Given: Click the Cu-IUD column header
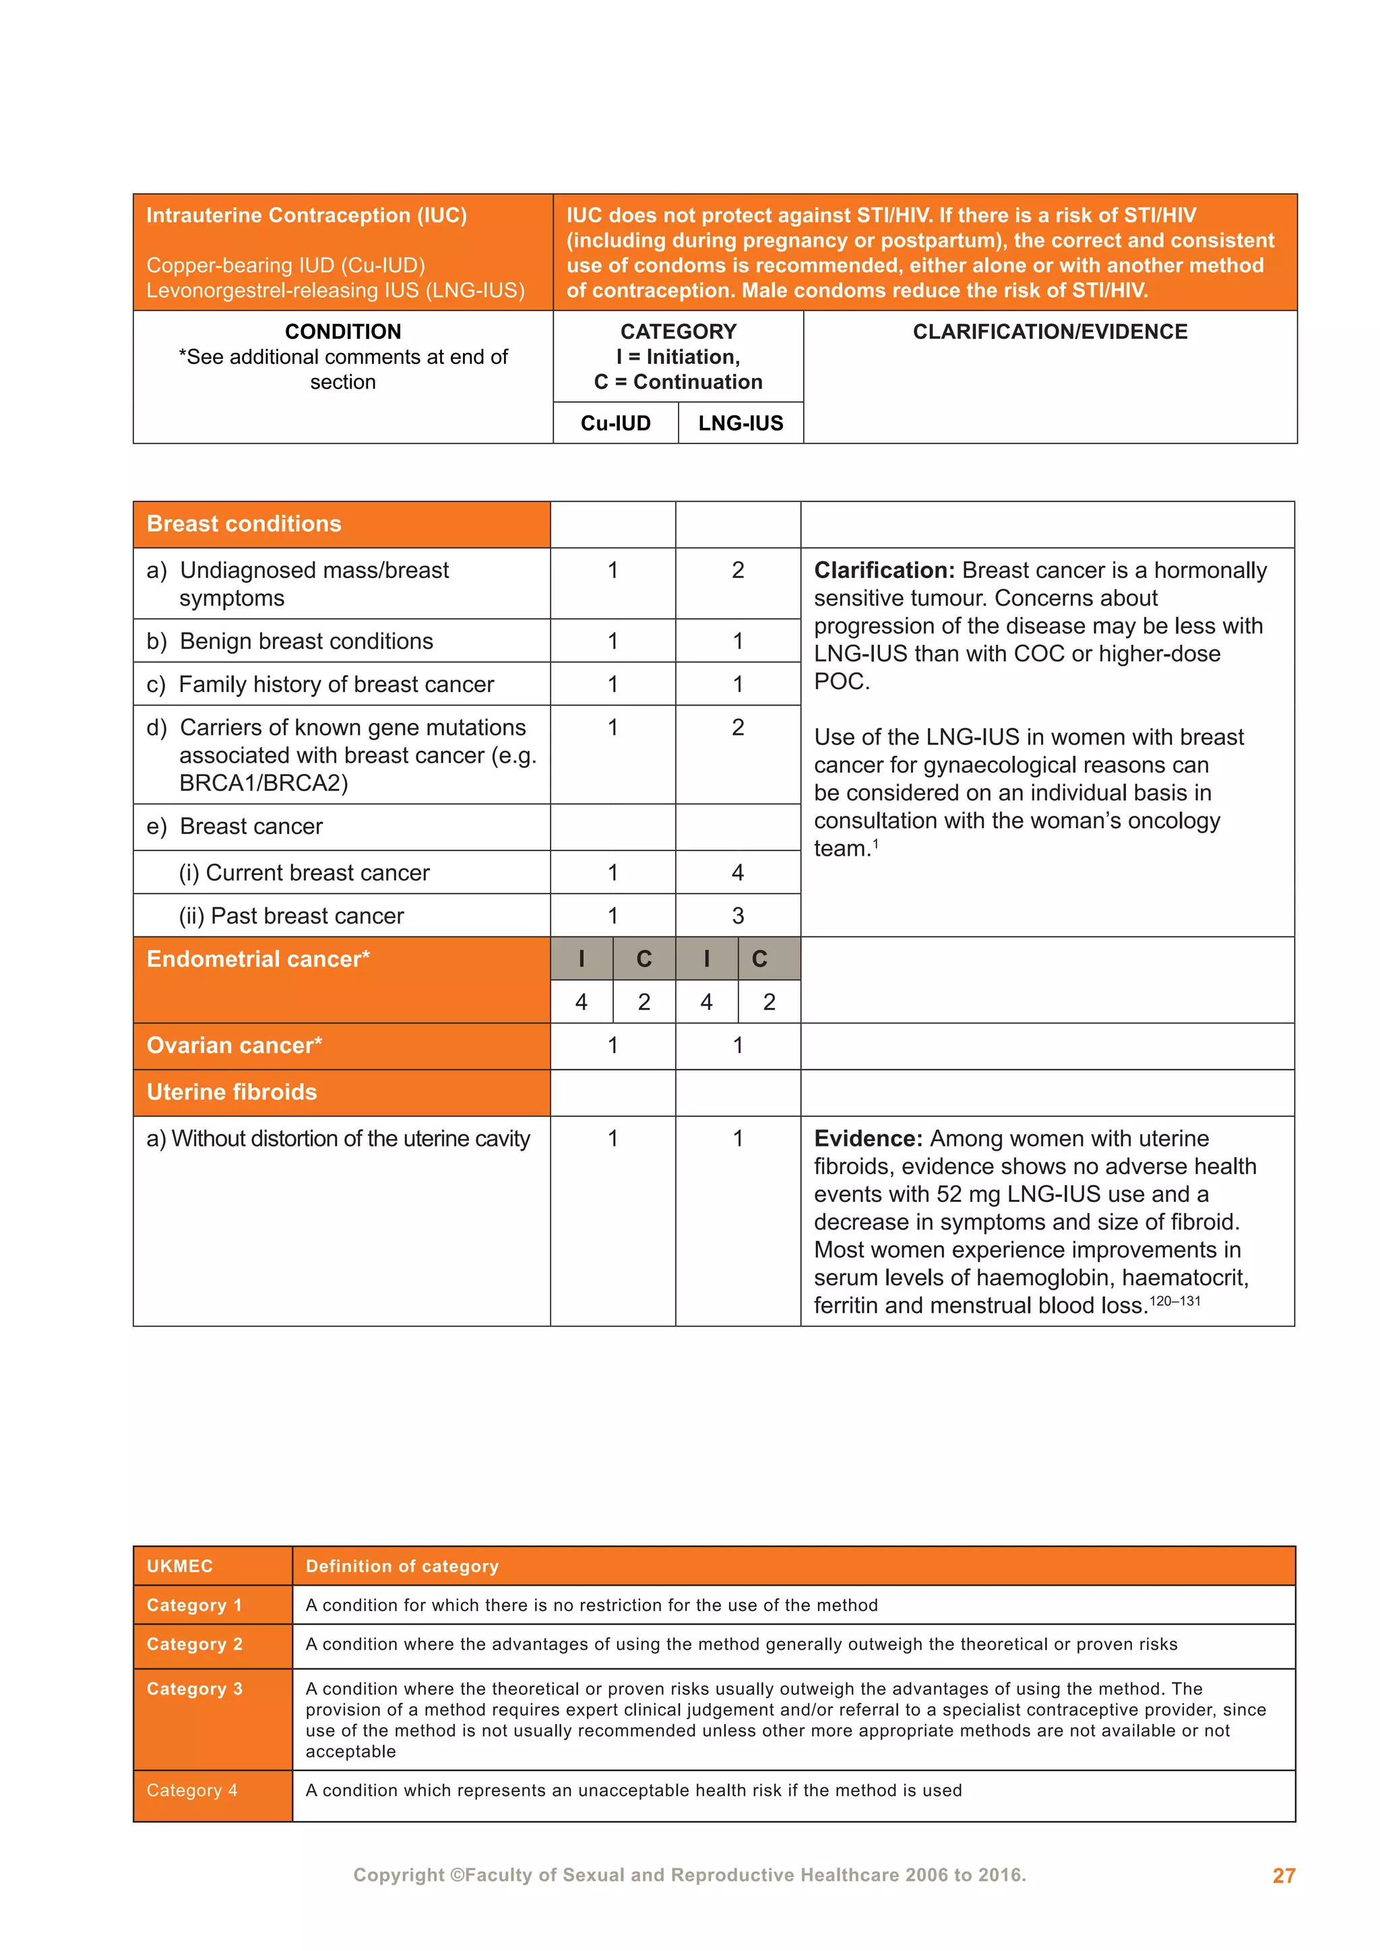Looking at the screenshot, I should pos(615,423).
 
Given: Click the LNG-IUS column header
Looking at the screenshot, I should pos(740,423).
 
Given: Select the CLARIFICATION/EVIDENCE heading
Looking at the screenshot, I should pos(1049,332).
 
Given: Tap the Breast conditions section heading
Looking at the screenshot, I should pos(244,524).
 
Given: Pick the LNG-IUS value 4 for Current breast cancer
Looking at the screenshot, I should pos(738,872).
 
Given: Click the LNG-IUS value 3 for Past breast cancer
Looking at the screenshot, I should pos(738,916).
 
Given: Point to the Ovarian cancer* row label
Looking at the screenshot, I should pos(234,1045).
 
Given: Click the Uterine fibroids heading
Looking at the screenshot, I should pos(231,1092).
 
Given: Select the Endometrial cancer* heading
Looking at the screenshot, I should pos(258,959).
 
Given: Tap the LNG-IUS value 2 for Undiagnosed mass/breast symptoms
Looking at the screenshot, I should pos(738,570).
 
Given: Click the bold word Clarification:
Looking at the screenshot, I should pos(884,570).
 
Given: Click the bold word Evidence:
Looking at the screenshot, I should pos(868,1139).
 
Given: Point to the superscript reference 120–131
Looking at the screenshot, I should pos(1174,1301).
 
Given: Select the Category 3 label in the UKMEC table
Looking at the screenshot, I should pos(195,1688).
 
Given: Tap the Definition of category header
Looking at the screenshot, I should pos(402,1566).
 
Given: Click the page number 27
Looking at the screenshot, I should pos(1283,1876).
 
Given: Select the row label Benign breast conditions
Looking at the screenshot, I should pos(306,641).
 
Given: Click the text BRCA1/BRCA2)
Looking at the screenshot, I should pos(263,783).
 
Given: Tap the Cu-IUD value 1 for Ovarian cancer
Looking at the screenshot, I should pos(613,1045).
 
